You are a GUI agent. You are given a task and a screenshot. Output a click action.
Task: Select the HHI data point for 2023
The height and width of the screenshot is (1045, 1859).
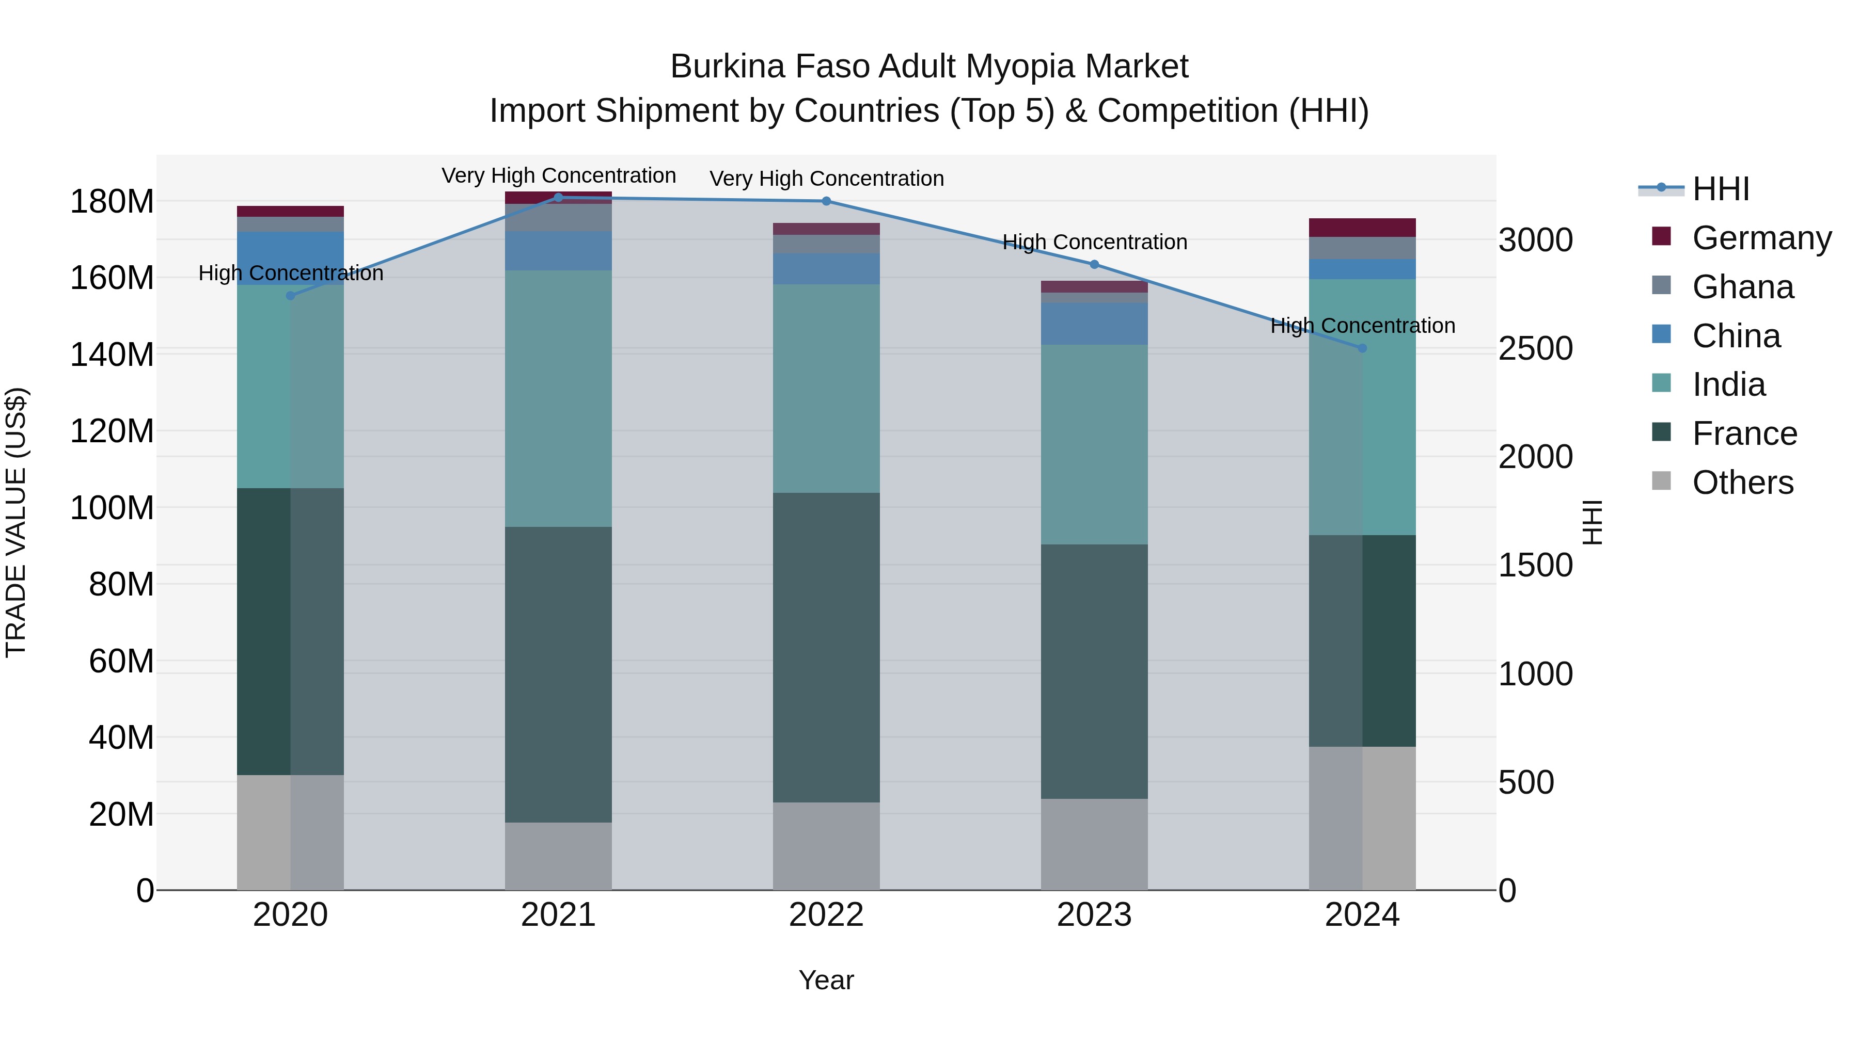click(x=1094, y=265)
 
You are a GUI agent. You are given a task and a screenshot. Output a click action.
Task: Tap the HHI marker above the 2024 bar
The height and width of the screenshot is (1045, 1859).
click(x=1362, y=348)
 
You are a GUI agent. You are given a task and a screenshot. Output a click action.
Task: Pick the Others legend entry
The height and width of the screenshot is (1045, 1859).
click(x=1742, y=483)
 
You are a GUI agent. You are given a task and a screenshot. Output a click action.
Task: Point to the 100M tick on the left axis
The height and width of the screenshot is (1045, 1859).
click(x=112, y=508)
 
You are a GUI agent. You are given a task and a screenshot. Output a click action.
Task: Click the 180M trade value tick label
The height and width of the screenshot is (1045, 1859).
click(x=112, y=201)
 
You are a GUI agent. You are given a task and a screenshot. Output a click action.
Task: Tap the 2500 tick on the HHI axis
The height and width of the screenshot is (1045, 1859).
click(x=1536, y=349)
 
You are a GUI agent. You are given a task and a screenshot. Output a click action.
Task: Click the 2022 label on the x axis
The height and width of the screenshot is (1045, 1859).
click(x=826, y=915)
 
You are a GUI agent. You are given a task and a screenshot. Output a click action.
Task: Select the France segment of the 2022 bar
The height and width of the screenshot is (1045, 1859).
click(x=826, y=647)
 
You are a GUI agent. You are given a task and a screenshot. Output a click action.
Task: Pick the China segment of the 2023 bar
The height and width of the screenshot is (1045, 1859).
click(x=1094, y=324)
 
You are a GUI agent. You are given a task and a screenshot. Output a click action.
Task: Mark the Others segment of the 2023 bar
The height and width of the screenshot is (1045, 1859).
click(x=1094, y=844)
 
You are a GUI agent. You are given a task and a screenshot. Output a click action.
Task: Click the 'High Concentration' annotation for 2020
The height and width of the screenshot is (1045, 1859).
click(x=291, y=274)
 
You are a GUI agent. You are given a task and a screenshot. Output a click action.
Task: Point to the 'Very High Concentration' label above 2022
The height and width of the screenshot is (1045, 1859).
click(x=826, y=179)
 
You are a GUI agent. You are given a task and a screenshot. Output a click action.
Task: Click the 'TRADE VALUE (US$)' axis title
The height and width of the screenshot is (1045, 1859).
click(x=17, y=522)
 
